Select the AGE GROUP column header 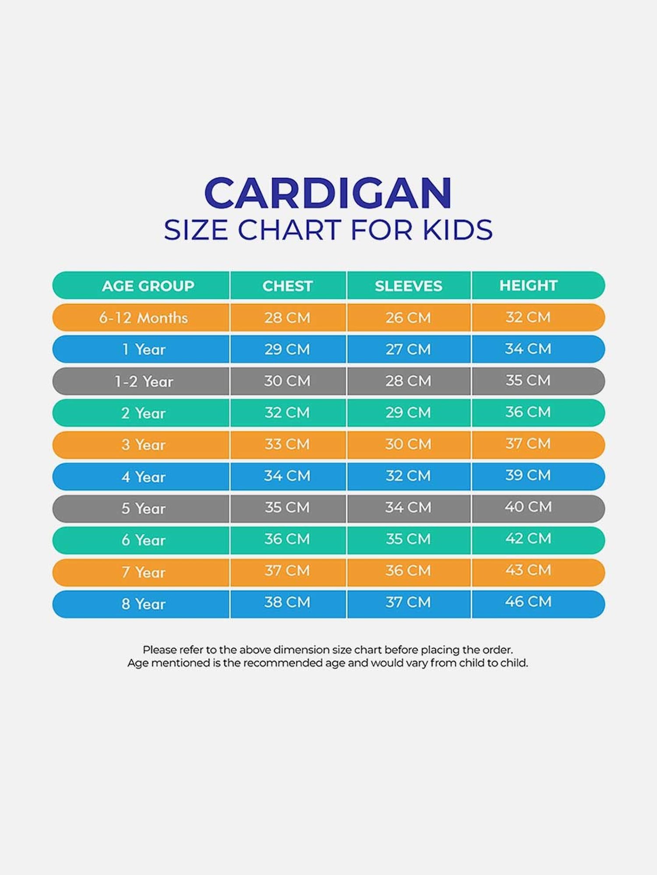[x=148, y=286]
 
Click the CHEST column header [x=287, y=286]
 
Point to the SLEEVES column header [x=408, y=286]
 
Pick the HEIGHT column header [x=528, y=285]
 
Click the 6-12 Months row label [x=143, y=318]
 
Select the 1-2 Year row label [x=144, y=381]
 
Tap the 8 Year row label [x=143, y=604]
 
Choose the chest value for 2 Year [x=287, y=413]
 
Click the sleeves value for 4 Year [x=408, y=476]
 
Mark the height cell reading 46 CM [x=528, y=602]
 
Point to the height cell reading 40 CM [x=528, y=507]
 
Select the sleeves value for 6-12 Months [x=408, y=318]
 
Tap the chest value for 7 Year [x=287, y=571]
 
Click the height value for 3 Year [x=528, y=444]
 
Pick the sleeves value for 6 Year [x=408, y=539]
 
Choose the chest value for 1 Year [x=287, y=349]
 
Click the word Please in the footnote [x=158, y=650]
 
